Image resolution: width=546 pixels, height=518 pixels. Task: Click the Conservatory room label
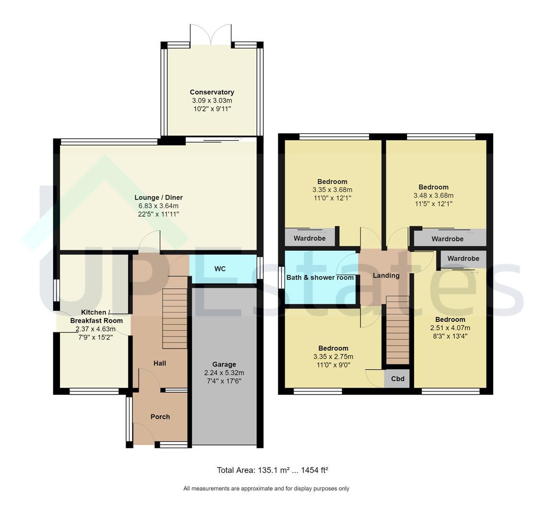(212, 92)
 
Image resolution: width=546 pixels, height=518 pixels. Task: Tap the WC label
(220, 269)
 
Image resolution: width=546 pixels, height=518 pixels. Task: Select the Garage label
(224, 365)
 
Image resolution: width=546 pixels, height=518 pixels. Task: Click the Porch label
(160, 417)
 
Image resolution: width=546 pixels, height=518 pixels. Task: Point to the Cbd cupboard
(398, 379)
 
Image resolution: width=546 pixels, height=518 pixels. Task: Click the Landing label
(386, 276)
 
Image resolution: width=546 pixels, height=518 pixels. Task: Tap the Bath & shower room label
(320, 277)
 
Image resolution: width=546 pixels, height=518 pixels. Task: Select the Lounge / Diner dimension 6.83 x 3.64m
(158, 206)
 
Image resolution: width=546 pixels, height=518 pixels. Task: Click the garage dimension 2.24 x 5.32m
(224, 373)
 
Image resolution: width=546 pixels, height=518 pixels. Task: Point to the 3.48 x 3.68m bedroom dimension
(434, 195)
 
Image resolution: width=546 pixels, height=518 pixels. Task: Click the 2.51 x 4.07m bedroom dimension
(450, 328)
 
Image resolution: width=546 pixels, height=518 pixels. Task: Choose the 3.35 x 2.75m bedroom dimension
(333, 356)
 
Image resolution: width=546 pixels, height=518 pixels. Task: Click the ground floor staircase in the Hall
(175, 319)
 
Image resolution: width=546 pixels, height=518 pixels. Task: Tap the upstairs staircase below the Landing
(398, 330)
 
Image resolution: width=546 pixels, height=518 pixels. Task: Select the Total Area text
(273, 471)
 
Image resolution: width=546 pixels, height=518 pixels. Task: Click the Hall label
(159, 364)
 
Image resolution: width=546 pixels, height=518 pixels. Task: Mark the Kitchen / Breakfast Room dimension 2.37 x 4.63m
(95, 329)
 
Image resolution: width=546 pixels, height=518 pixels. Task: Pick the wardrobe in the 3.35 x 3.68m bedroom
(309, 237)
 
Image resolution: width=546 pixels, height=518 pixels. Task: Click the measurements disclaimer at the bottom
(266, 488)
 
